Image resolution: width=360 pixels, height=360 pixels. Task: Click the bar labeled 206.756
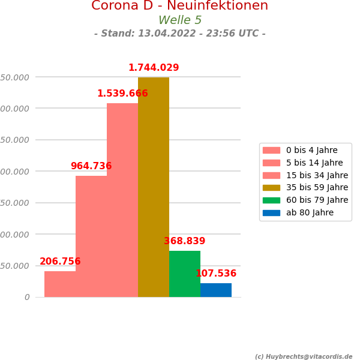(x=60, y=284)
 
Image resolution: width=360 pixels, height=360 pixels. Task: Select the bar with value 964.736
(x=91, y=236)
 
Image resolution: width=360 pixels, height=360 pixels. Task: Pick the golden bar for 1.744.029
(x=154, y=187)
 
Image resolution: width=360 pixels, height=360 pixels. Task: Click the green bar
(x=185, y=274)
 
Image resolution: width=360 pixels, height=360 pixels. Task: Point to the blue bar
(x=216, y=290)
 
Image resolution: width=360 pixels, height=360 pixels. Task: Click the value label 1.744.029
(x=154, y=68)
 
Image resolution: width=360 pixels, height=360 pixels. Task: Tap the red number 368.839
(x=185, y=241)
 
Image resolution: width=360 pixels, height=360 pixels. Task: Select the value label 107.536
(x=216, y=274)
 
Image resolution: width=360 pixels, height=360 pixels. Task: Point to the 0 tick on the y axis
(x=27, y=297)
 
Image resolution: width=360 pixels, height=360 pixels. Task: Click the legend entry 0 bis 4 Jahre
(x=311, y=150)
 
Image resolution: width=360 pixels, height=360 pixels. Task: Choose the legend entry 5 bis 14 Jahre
(x=314, y=163)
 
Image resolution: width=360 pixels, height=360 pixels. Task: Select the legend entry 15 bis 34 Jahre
(x=317, y=175)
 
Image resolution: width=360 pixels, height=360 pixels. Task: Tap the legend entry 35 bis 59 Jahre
(x=317, y=187)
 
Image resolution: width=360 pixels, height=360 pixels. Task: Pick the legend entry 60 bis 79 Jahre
(x=317, y=200)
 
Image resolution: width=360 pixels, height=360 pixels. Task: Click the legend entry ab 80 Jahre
(x=310, y=212)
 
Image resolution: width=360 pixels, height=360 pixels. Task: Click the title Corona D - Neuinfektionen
(x=180, y=6)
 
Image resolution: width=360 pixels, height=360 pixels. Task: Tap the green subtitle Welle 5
(x=180, y=20)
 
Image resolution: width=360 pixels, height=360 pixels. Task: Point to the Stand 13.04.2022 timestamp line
(x=180, y=34)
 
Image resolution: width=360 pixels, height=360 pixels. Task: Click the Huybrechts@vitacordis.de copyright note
(x=304, y=356)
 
